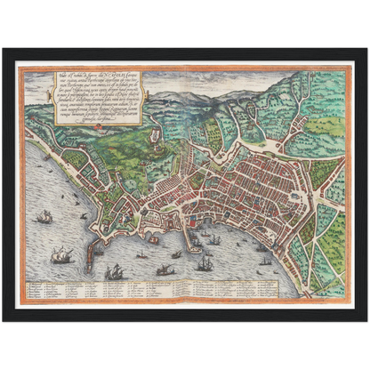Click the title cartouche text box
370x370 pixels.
coord(93,99)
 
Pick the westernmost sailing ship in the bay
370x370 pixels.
coord(43,216)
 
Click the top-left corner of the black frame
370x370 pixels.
coord(4,50)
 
